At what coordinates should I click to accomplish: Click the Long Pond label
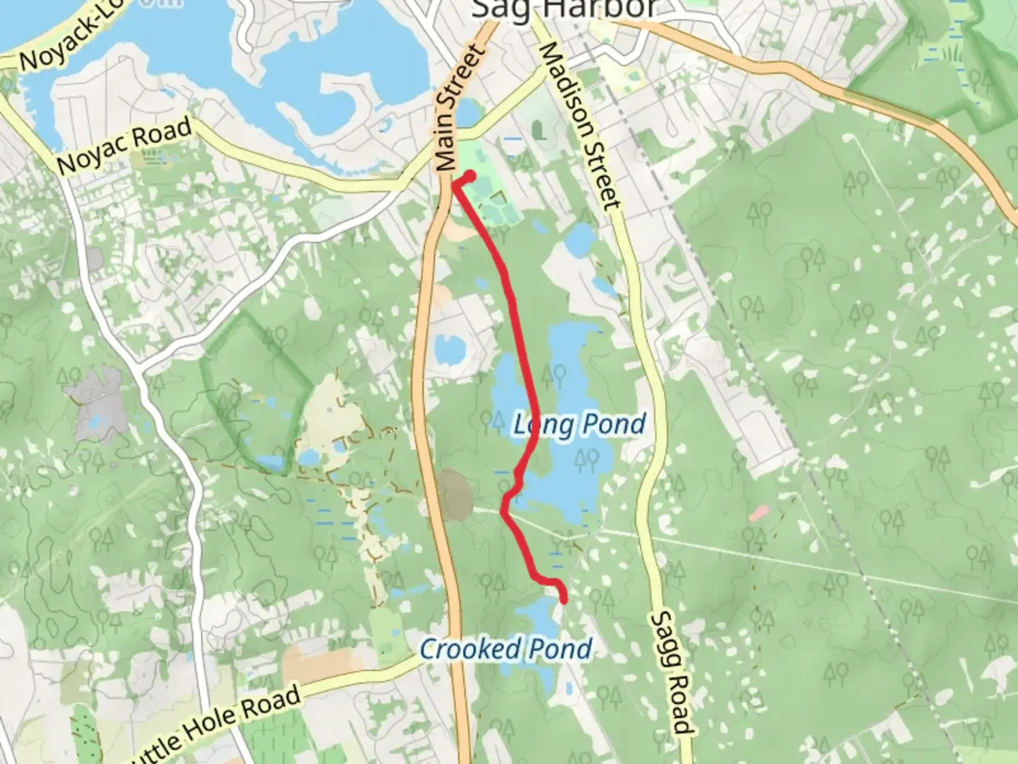pyautogui.click(x=579, y=424)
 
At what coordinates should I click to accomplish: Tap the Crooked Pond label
pyautogui.click(x=505, y=649)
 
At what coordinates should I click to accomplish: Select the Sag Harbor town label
pyautogui.click(x=562, y=9)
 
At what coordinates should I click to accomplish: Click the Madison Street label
pyautogui.click(x=580, y=125)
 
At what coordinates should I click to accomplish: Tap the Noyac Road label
pyautogui.click(x=124, y=146)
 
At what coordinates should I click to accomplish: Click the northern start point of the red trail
pyautogui.click(x=470, y=175)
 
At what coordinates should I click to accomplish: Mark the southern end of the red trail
pyautogui.click(x=564, y=599)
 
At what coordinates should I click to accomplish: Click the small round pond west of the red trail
pyautogui.click(x=448, y=348)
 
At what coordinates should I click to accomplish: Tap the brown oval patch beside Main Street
pyautogui.click(x=452, y=494)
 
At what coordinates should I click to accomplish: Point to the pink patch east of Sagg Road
pyautogui.click(x=759, y=513)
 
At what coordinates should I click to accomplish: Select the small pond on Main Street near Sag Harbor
pyautogui.click(x=467, y=113)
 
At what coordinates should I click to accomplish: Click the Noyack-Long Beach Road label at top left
pyautogui.click(x=64, y=42)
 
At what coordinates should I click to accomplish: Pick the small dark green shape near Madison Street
pyautogui.click(x=538, y=130)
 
